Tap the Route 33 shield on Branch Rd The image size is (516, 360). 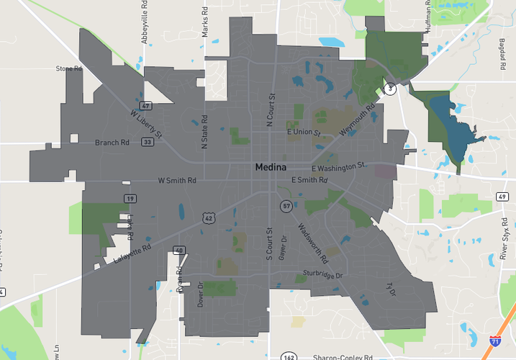tap(147, 142)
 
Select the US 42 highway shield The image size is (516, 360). tap(209, 217)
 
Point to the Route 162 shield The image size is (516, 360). tap(289, 356)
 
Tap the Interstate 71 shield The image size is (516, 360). tap(495, 342)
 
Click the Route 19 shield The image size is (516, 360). tap(130, 198)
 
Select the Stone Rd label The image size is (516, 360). tap(70, 69)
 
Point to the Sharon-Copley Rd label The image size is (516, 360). tap(343, 356)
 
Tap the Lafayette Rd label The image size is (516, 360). tap(132, 251)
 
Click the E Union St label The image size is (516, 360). tap(304, 132)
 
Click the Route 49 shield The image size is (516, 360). tap(502, 195)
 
